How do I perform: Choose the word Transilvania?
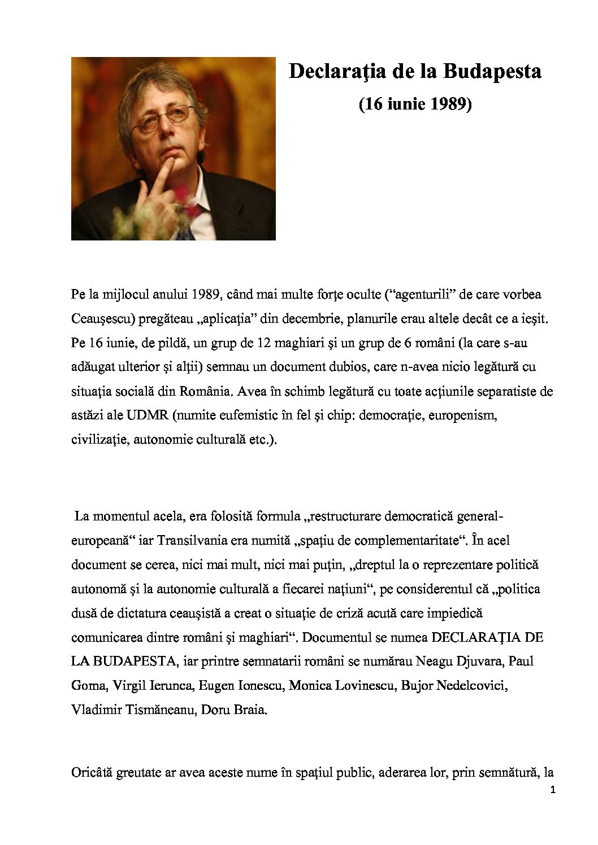coord(193,540)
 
